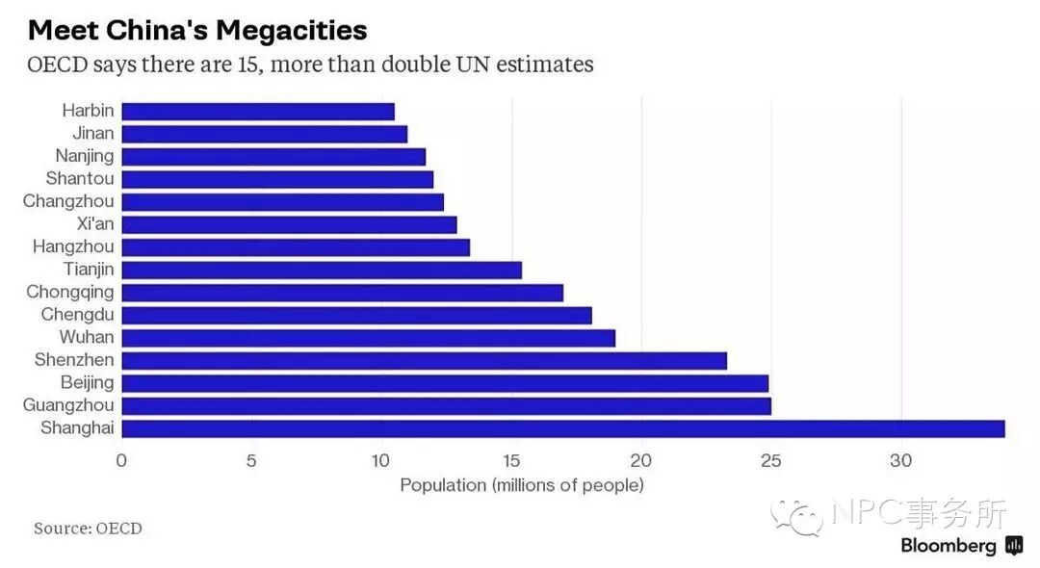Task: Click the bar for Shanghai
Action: (x=562, y=428)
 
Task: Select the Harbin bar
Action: (x=258, y=111)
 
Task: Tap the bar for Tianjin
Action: (x=322, y=270)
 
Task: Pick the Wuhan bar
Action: (x=368, y=338)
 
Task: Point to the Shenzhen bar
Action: (x=424, y=361)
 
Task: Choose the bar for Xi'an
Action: (x=289, y=224)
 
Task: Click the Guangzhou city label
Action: (x=68, y=405)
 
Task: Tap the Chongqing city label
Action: (x=69, y=292)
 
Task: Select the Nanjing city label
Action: (x=85, y=156)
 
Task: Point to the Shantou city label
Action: (x=80, y=179)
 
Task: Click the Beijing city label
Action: (x=86, y=383)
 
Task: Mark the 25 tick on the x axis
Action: (x=770, y=460)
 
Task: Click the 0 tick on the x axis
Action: (x=121, y=460)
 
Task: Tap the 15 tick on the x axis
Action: (x=511, y=460)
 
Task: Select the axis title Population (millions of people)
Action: (x=521, y=485)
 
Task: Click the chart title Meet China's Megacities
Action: (x=197, y=30)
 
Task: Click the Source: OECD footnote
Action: (x=88, y=529)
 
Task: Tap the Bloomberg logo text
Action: (x=949, y=546)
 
